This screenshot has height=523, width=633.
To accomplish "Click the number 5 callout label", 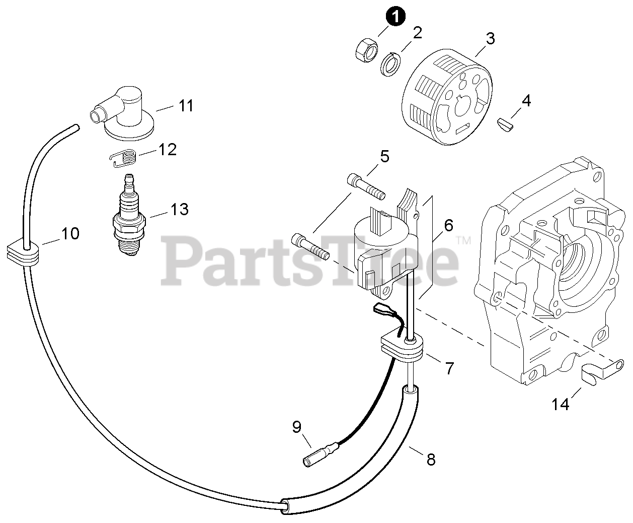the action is point(384,156).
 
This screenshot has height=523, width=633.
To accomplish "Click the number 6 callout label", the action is point(448,225).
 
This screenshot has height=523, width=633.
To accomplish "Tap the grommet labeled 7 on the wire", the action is point(402,348).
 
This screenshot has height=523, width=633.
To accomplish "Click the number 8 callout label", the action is point(431,459).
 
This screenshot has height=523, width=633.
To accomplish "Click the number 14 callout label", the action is point(560,404).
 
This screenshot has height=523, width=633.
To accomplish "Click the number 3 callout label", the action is point(490,38).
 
